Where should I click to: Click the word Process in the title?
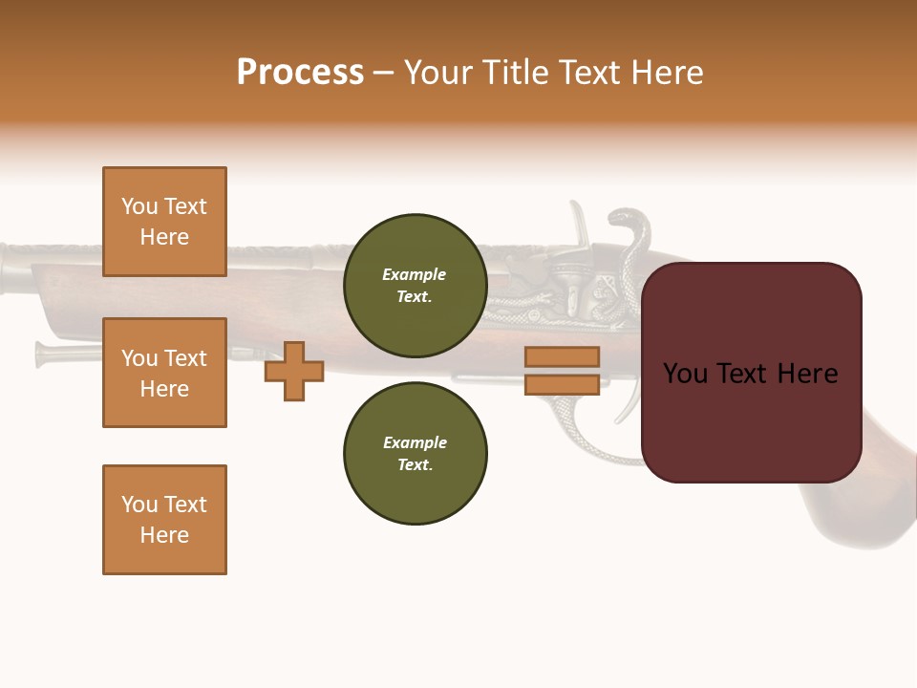point(300,73)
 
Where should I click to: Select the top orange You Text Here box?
point(164,222)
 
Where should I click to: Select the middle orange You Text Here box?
point(164,373)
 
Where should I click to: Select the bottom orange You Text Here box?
point(164,520)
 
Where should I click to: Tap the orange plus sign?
point(294,371)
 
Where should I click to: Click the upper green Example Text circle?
point(415,285)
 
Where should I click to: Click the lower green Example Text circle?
point(415,453)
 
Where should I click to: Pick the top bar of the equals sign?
point(562,356)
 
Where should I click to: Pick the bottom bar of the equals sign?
point(562,384)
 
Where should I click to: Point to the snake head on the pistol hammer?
point(626,222)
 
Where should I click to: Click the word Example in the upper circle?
point(415,274)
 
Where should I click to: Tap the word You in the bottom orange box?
point(139,505)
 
